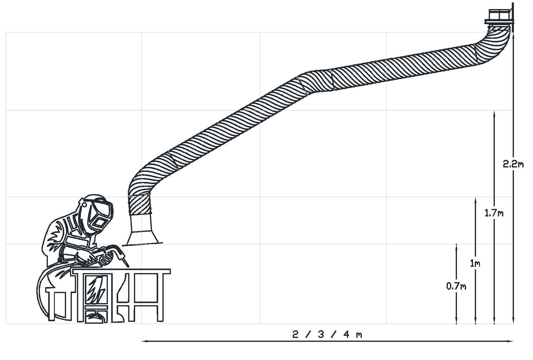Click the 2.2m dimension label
(x=513, y=164)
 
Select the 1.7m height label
(x=494, y=213)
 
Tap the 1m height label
(x=475, y=264)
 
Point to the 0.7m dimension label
(x=456, y=286)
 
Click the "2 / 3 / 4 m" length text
(x=327, y=335)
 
